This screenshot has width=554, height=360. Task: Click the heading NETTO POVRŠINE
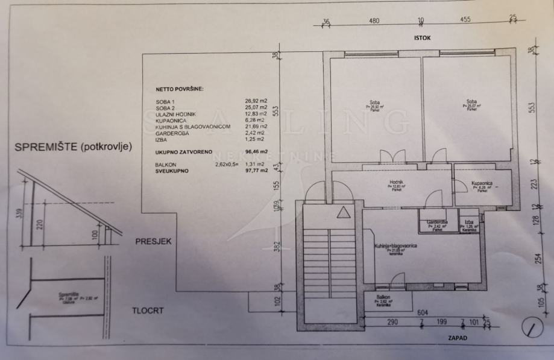pos(180,89)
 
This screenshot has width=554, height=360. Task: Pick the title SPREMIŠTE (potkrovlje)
pos(72,147)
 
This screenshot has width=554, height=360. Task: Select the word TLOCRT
pos(149,311)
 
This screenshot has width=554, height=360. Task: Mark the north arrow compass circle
pos(530,327)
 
